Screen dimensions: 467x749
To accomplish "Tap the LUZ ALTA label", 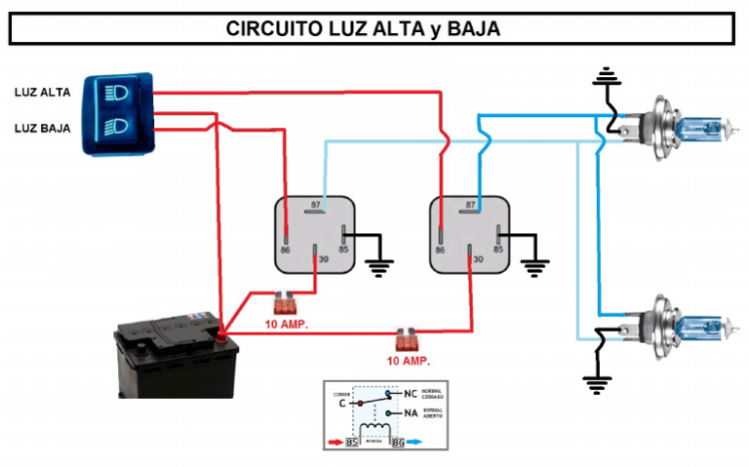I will pos(42,93).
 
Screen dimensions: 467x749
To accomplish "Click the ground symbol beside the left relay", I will pos(377,266).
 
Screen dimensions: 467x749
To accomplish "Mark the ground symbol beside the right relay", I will pos(533,266).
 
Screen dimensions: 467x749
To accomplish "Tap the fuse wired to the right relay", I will pos(407,340).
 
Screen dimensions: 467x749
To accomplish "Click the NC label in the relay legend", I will pos(411,395).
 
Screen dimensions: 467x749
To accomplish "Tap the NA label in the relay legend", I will pos(411,413).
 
